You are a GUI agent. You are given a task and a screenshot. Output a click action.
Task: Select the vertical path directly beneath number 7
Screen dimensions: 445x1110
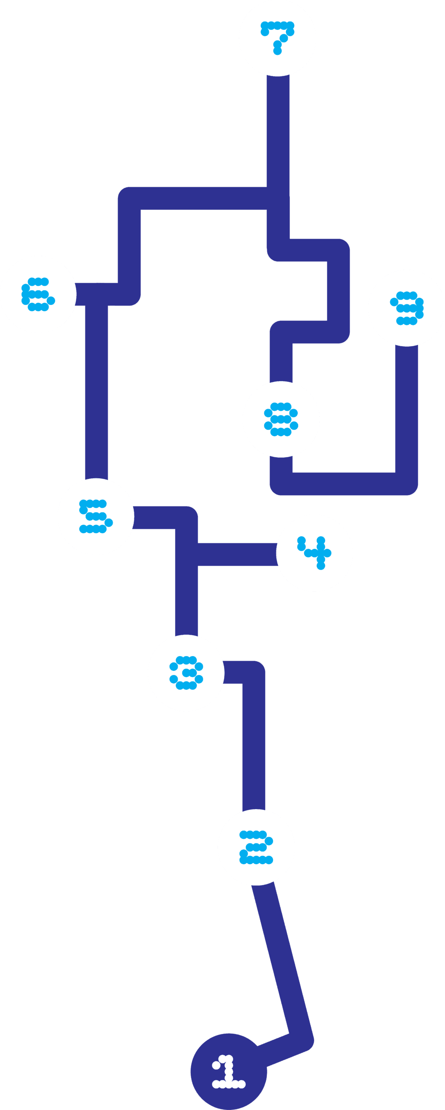click(278, 134)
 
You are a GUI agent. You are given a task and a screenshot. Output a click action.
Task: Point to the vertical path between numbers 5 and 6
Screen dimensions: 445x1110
click(96, 390)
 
